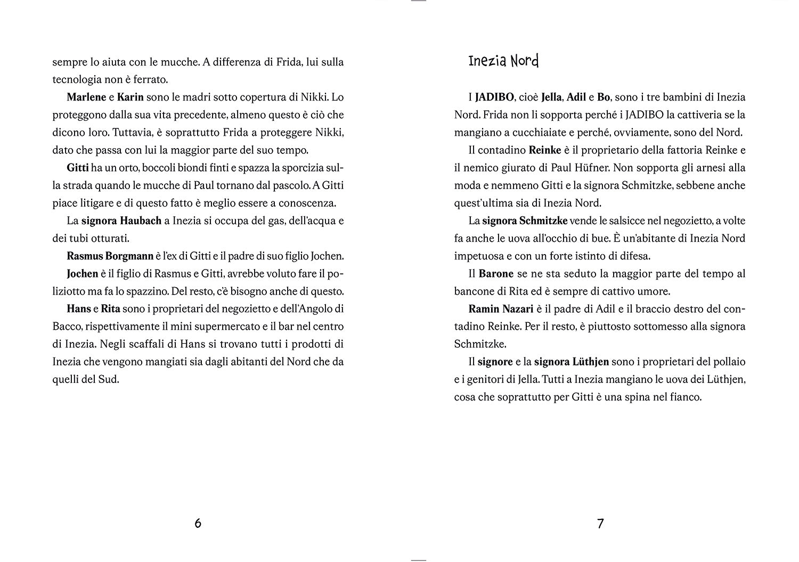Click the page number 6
198,523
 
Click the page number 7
600,523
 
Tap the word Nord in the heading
525,61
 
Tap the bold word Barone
496,274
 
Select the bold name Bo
604,97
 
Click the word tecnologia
75,79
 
